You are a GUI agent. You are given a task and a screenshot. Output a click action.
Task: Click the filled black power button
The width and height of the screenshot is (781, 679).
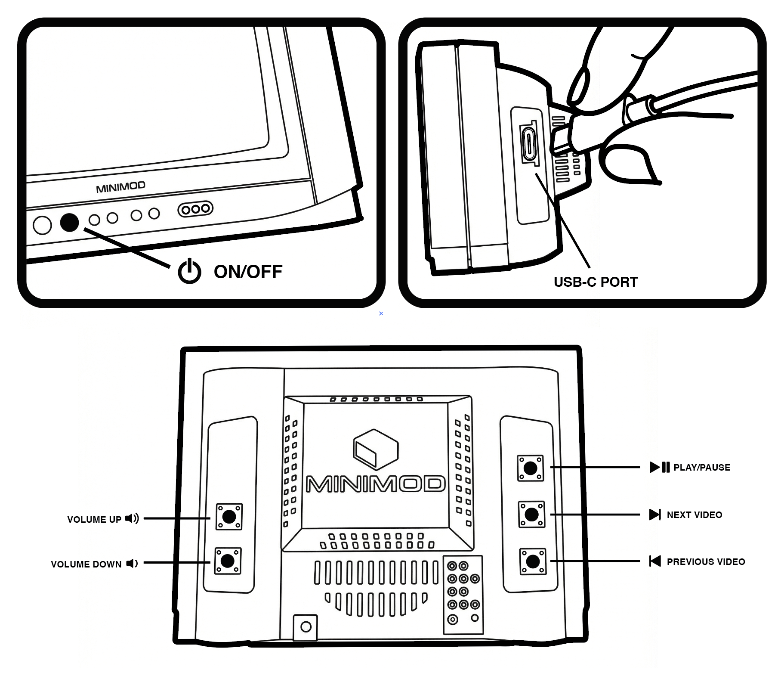point(69,223)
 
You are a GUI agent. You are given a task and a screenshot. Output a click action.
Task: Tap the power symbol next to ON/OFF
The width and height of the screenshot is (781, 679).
point(189,272)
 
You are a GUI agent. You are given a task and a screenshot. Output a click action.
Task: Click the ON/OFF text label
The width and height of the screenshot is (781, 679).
point(248,272)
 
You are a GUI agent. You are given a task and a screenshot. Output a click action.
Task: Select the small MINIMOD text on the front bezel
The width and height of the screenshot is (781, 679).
point(120,187)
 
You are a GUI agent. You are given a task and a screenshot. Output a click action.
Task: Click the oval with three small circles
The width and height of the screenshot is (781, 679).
point(195,209)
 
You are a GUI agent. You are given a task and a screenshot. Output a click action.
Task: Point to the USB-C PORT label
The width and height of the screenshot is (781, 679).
point(596,282)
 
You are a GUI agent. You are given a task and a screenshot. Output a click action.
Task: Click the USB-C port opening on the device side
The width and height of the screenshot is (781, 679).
point(529,143)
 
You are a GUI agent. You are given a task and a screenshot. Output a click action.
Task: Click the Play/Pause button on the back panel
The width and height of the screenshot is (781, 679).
point(530,468)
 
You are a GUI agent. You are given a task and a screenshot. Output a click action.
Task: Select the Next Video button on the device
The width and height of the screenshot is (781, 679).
point(531,514)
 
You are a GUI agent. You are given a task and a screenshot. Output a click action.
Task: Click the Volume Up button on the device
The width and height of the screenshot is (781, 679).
point(229,517)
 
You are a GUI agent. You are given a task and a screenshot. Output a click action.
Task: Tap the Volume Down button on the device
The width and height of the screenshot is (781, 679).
point(228,561)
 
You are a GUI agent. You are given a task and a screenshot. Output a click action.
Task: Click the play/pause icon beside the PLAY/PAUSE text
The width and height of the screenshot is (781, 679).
point(659,467)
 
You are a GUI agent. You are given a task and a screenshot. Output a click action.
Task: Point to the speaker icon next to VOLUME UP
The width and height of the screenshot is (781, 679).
point(132,518)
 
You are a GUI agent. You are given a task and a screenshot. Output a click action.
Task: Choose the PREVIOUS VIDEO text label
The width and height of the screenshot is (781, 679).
point(706,561)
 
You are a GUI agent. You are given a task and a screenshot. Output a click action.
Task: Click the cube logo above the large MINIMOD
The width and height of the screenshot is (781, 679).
point(376,450)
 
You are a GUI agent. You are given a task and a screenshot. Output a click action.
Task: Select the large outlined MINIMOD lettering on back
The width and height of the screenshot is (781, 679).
point(375,484)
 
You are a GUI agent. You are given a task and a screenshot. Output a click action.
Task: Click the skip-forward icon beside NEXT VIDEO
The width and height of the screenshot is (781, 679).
point(655,515)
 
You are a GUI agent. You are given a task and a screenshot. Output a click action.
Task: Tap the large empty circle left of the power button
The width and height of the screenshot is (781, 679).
point(42,225)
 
